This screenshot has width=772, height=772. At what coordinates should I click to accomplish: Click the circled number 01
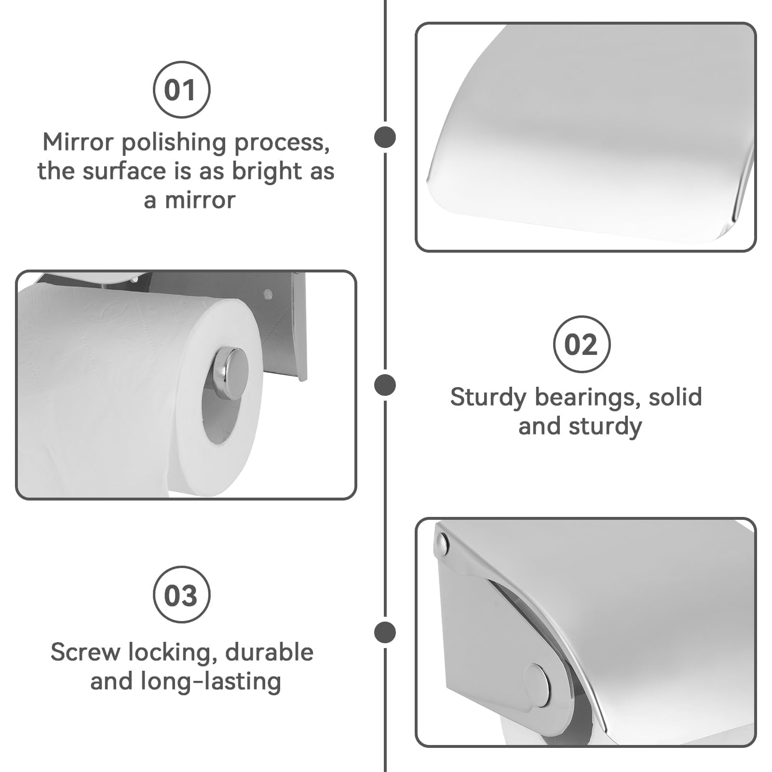(x=181, y=90)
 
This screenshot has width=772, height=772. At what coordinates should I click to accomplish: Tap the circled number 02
(x=581, y=344)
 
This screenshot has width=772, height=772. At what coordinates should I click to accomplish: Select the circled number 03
(x=181, y=595)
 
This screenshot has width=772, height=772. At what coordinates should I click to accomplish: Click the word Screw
(x=85, y=652)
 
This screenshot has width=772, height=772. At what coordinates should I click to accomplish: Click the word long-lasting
(x=211, y=682)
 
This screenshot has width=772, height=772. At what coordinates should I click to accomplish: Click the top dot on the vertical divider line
(x=385, y=137)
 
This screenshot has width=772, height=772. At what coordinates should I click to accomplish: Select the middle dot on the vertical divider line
(x=385, y=385)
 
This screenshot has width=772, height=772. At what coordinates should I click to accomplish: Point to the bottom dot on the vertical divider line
(x=385, y=632)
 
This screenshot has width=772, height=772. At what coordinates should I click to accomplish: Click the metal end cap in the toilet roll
(x=231, y=374)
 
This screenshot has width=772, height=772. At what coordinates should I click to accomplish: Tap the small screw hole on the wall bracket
(x=268, y=293)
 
